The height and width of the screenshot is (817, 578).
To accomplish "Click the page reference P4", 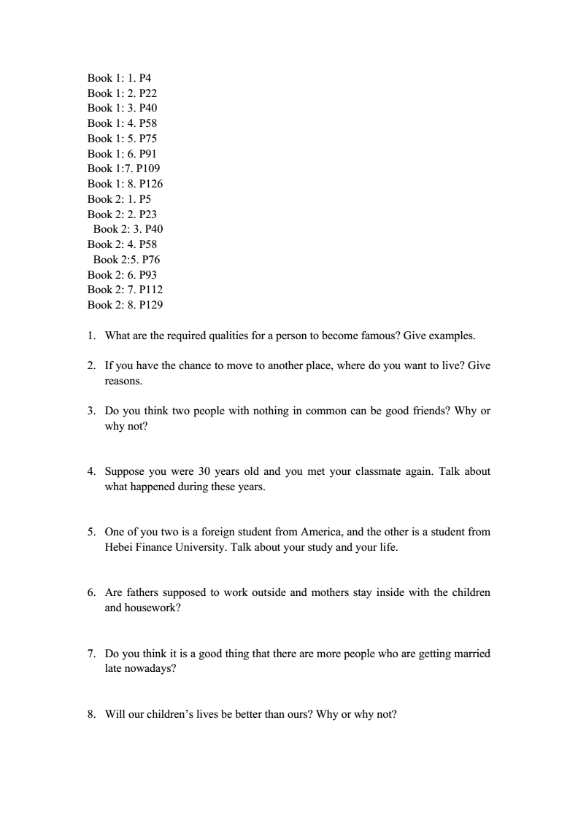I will [145, 78].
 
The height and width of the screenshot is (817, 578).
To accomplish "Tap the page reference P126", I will [151, 184].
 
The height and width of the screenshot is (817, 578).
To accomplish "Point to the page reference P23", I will [148, 214].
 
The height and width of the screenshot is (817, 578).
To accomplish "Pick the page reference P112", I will [151, 290].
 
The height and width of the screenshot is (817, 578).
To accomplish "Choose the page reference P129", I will [151, 305].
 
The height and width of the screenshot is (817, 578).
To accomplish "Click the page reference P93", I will [148, 275].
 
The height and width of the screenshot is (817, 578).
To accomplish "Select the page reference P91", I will [148, 154].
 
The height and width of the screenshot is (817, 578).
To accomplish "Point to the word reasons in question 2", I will [123, 381].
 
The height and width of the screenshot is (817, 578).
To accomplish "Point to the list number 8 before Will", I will [90, 714].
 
